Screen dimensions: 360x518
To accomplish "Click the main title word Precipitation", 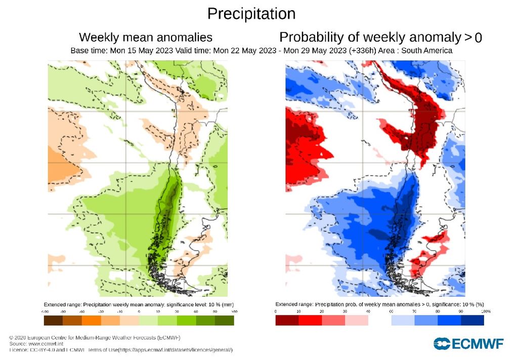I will click(x=251, y=13).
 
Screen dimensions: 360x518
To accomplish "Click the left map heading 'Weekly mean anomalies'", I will click(x=146, y=37).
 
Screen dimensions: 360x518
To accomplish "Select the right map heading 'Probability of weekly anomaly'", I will click(x=370, y=37).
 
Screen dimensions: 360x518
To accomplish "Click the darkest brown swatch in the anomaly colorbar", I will click(x=53, y=321).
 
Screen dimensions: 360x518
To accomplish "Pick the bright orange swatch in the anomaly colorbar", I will click(x=91, y=321).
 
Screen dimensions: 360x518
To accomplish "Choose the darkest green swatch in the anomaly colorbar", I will click(x=224, y=321).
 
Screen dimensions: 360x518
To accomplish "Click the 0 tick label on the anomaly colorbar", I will click(x=139, y=311).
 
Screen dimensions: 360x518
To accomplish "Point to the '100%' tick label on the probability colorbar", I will click(x=486, y=311).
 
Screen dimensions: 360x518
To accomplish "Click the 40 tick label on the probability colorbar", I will click(x=368, y=311).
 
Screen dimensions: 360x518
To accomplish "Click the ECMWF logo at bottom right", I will click(x=468, y=344).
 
